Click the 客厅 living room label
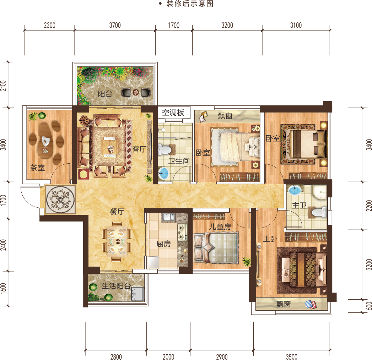[139, 149]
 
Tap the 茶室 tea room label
[38, 168]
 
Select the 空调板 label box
[174, 113]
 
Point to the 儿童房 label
[220, 227]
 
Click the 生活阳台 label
[116, 286]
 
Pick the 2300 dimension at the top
[50, 25]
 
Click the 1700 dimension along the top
[174, 25]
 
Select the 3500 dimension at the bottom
[292, 357]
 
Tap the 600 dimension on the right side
[369, 306]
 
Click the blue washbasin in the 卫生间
[163, 173]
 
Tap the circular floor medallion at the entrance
[60, 199]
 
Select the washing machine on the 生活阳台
[138, 294]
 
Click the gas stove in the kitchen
[182, 232]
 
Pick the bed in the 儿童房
[216, 248]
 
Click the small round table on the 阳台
[136, 92]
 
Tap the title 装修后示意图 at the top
[190, 4]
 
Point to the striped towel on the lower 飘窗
[310, 304]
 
